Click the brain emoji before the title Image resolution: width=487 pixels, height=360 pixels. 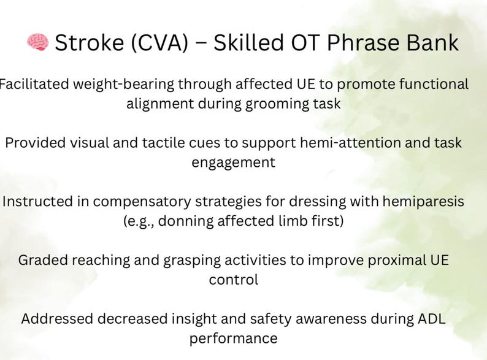pyautogui.click(x=37, y=42)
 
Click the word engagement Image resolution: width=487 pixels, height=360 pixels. pyautogui.click(x=233, y=163)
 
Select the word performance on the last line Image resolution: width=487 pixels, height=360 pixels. pyautogui.click(x=233, y=339)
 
